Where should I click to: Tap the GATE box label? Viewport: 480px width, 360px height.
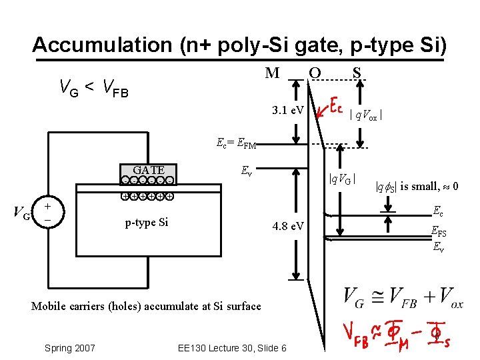[x=149, y=170]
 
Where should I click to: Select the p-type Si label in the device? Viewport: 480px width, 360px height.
[x=147, y=222]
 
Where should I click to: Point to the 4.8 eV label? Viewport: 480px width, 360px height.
[x=288, y=227]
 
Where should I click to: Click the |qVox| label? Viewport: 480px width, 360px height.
[x=366, y=115]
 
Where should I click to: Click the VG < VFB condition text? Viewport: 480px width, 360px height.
[x=94, y=87]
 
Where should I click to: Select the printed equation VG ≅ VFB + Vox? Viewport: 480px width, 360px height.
[x=403, y=298]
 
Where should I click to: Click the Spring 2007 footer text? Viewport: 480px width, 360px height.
[x=69, y=348]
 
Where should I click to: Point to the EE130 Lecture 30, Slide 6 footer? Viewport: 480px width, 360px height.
[x=233, y=348]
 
